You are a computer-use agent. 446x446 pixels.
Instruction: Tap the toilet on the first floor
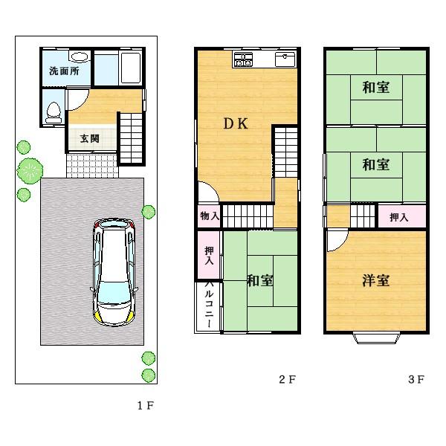pyautogui.click(x=52, y=112)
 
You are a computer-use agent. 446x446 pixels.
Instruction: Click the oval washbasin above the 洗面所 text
pyautogui.click(x=78, y=56)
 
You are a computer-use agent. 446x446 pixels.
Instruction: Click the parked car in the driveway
pyautogui.click(x=113, y=271)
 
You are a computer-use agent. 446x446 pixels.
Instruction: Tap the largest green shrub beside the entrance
pyautogui.click(x=30, y=171)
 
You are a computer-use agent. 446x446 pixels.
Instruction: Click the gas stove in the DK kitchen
pyautogui.click(x=244, y=59)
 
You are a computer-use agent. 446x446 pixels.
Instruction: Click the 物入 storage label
pyautogui.click(x=209, y=216)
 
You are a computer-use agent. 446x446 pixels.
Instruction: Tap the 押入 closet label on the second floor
pyautogui.click(x=209, y=256)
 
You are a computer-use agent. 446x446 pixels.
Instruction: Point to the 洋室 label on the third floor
pyautogui.click(x=375, y=280)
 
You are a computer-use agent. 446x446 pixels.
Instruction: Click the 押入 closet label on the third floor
pyautogui.click(x=399, y=217)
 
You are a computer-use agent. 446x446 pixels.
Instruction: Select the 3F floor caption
pyautogui.click(x=416, y=380)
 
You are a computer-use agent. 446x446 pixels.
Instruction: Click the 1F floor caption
pyautogui.click(x=145, y=406)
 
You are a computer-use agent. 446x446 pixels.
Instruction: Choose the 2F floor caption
pyautogui.click(x=288, y=380)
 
